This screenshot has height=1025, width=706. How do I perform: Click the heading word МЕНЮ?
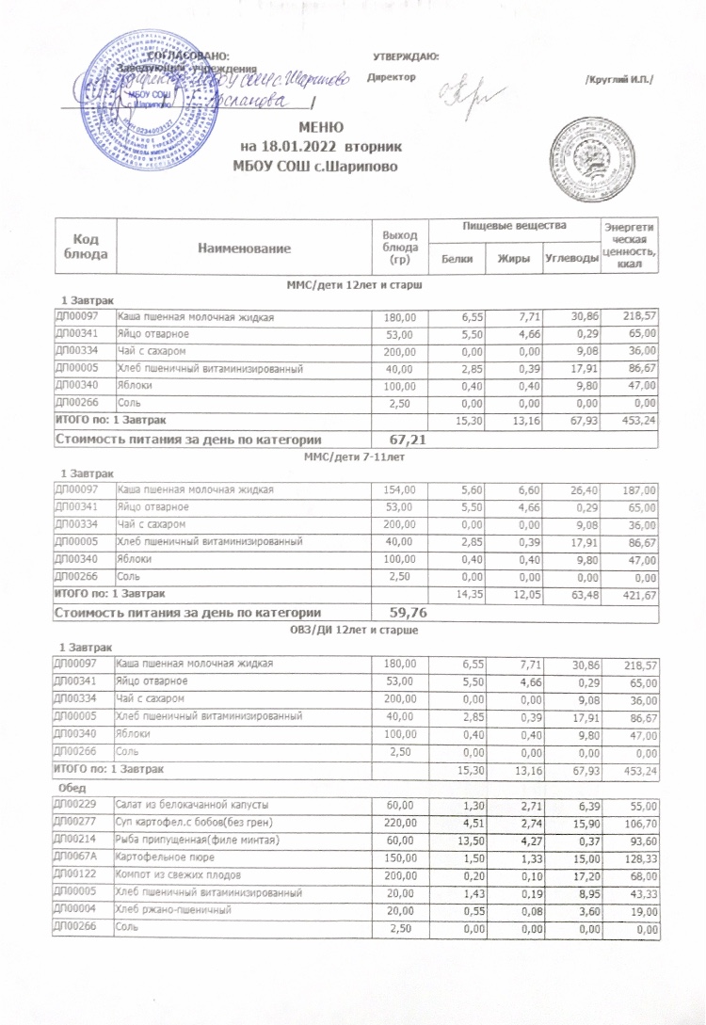click(x=322, y=127)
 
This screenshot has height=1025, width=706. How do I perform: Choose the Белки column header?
click(x=459, y=258)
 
